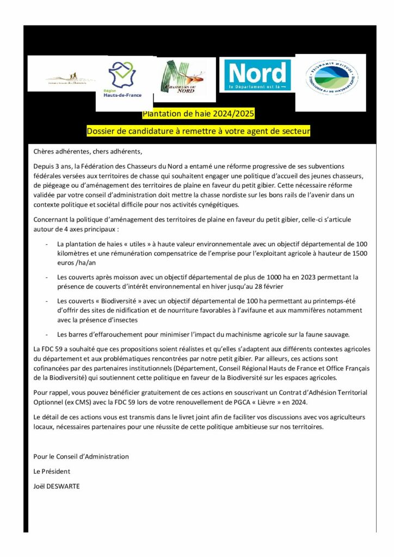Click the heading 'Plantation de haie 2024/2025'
click(198, 114)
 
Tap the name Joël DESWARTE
click(57, 486)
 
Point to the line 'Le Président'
click(52, 471)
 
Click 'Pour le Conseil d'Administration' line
click(81, 456)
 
